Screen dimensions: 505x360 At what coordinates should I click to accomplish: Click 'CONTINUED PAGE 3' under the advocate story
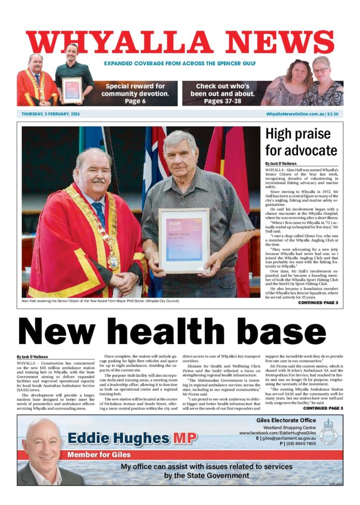click(x=318, y=302)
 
